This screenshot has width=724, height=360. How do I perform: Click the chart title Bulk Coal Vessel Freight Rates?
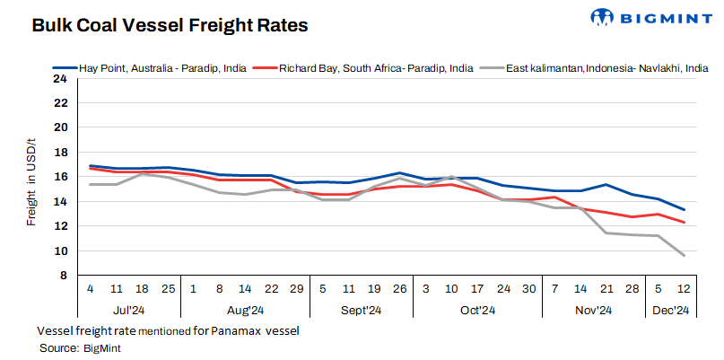[x=170, y=25]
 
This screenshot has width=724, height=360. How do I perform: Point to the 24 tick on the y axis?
[x=60, y=78]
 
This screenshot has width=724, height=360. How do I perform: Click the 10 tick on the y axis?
[x=60, y=251]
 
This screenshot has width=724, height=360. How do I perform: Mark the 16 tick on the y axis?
[x=60, y=177]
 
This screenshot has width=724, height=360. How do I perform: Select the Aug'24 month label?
[x=245, y=311]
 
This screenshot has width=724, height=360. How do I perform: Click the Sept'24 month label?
[x=361, y=311]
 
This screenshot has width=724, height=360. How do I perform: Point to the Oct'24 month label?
[x=477, y=311]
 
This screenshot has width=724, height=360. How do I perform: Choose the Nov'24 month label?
[x=593, y=311]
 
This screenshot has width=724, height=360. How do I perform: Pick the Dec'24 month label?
[x=670, y=311]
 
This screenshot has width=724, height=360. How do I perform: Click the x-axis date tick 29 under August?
[x=297, y=289]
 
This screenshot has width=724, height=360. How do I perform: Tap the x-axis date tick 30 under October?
[x=529, y=289]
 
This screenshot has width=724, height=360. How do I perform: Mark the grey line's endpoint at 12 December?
[x=684, y=256]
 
